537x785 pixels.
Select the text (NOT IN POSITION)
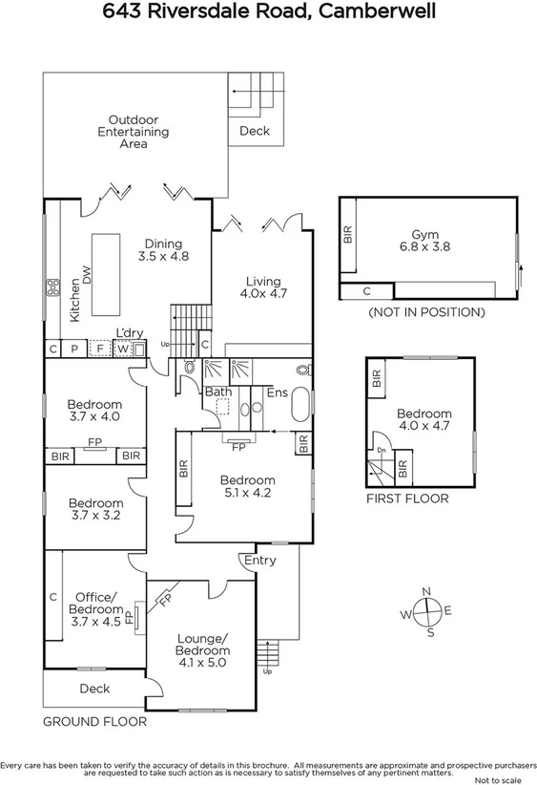pos(425,312)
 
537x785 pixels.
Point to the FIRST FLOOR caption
pos(407,499)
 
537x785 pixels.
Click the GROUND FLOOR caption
pos(94,722)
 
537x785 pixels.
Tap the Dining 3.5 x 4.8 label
pos(162,249)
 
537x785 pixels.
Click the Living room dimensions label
pos(262,288)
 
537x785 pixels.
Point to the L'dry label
pos(129,332)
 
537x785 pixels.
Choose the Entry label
pos(259,560)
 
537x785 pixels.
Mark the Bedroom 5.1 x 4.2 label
pos(247,486)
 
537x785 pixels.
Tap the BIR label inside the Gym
pos(348,233)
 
